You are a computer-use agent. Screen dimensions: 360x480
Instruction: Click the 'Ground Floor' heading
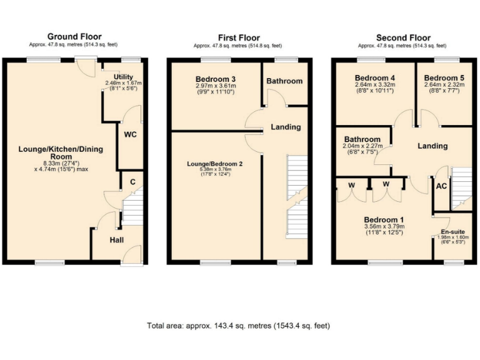point(74,37)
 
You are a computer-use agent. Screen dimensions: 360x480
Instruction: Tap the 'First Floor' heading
point(239,37)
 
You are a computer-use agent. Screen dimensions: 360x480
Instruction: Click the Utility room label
point(123,77)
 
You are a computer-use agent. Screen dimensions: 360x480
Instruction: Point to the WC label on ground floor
point(131,134)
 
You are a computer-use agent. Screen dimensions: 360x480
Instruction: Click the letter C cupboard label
point(132,182)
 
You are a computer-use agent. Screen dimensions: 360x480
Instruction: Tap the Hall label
point(117,239)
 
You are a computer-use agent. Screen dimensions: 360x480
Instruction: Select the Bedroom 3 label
point(215,79)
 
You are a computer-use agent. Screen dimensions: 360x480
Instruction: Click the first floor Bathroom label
point(284,81)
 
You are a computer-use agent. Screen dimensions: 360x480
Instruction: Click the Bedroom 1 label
point(384,220)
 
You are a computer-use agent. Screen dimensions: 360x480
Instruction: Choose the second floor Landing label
point(432,146)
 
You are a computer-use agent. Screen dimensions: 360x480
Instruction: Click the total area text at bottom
point(238,326)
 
